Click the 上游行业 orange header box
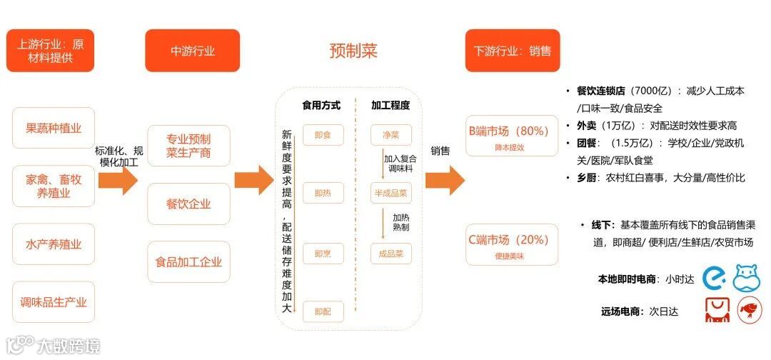[50, 51]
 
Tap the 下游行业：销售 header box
[512, 51]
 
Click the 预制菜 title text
[353, 51]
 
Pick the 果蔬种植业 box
[54, 129]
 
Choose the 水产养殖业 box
[54, 244]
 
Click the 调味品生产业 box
[54, 302]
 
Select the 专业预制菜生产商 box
[188, 146]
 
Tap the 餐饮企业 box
[188, 204]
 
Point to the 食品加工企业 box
[188, 261]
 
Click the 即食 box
[323, 135]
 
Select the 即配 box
[323, 311]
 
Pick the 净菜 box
[390, 135]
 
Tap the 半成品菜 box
[390, 193]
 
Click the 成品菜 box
[390, 253]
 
